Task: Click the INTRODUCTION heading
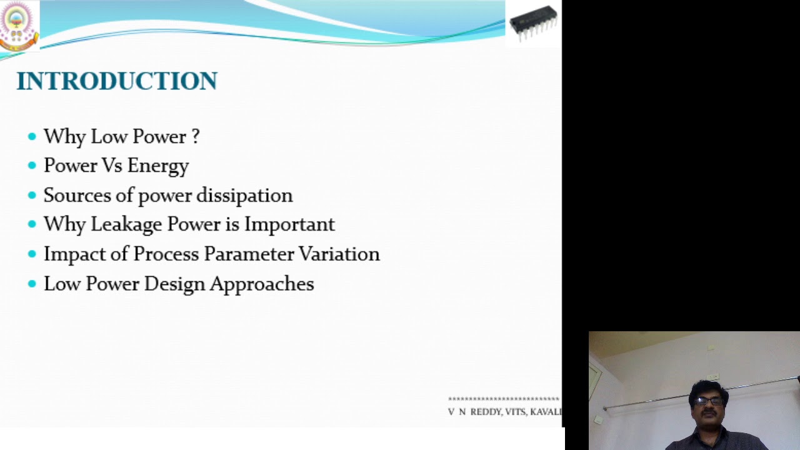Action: coord(117,81)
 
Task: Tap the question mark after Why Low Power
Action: coord(196,136)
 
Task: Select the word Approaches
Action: coord(261,284)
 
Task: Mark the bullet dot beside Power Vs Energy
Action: coord(32,166)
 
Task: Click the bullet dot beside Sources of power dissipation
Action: coord(32,196)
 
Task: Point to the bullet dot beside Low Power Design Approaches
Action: coord(32,284)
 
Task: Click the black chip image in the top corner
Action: coord(533,23)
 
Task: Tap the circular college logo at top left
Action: coord(19,25)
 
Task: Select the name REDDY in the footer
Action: coord(485,412)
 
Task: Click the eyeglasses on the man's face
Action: coord(709,401)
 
